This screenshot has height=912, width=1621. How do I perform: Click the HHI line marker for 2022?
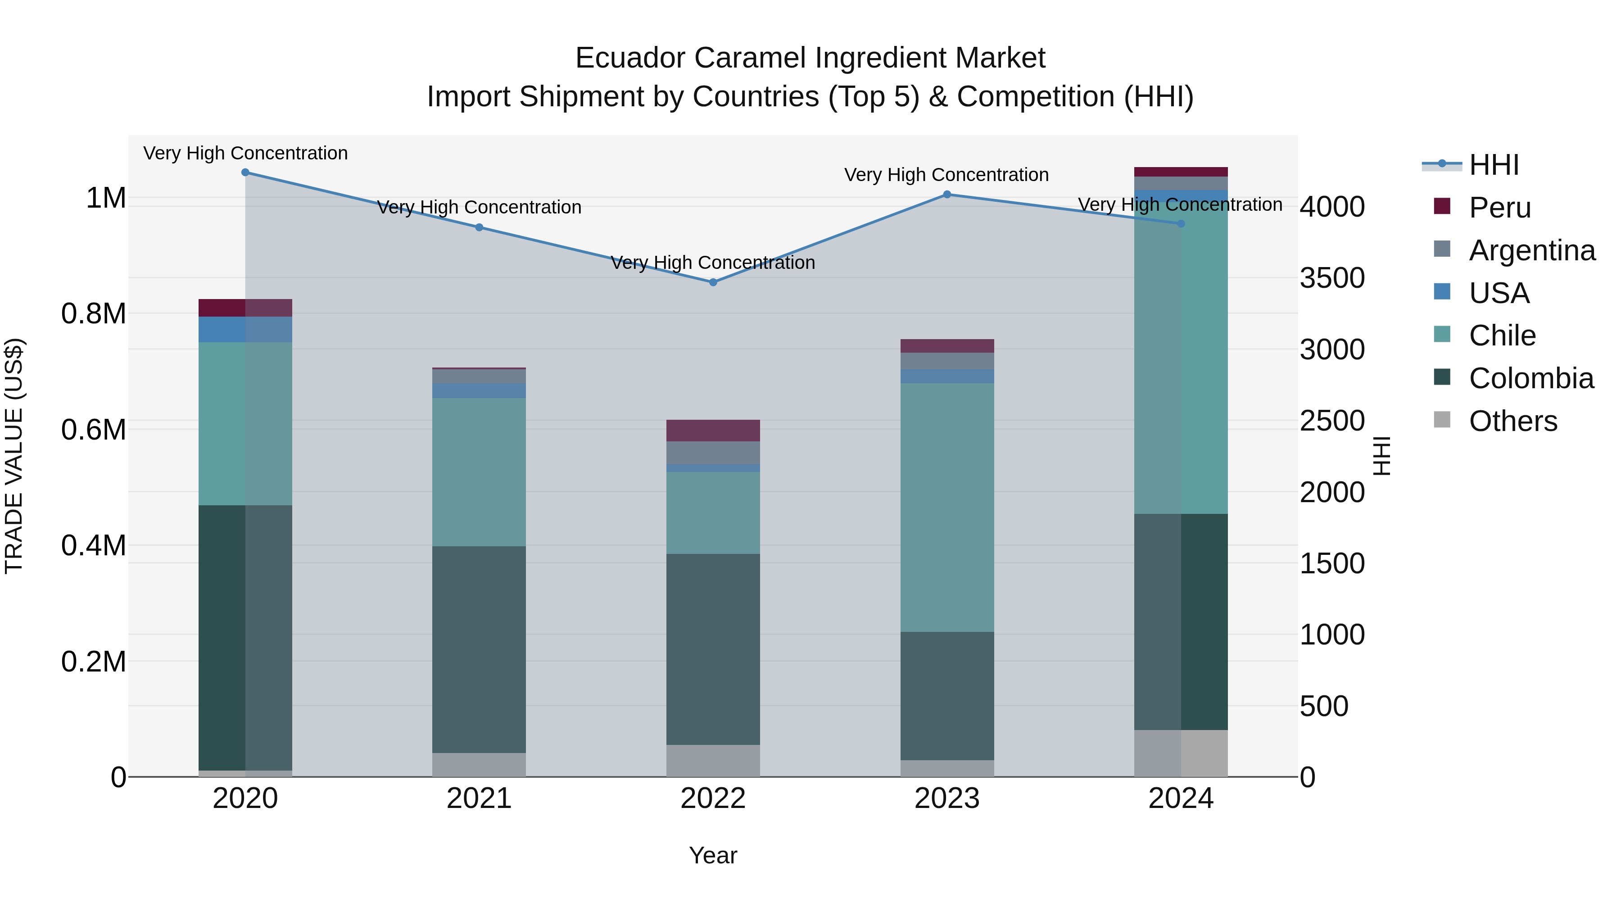[713, 282]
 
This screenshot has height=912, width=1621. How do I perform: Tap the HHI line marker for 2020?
[245, 172]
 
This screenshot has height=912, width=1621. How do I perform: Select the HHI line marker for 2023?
[947, 195]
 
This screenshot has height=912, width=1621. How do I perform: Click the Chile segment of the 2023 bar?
[947, 507]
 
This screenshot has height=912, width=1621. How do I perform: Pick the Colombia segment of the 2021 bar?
[479, 649]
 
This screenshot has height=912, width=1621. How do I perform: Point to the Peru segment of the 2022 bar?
[713, 431]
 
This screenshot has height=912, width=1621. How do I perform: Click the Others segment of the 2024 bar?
[1181, 753]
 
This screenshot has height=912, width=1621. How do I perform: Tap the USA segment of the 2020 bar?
[245, 329]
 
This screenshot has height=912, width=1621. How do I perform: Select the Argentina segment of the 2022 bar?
[713, 453]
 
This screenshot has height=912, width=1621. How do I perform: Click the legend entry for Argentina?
[1532, 250]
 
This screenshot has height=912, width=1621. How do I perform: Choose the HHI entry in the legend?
[1493, 165]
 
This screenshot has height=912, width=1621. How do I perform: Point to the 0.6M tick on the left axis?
[93, 430]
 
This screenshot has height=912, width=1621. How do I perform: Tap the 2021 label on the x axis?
[479, 799]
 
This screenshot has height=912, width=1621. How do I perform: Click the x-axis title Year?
[713, 855]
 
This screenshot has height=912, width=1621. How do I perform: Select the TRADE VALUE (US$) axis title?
[14, 456]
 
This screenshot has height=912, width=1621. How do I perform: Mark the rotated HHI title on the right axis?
[1381, 456]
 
